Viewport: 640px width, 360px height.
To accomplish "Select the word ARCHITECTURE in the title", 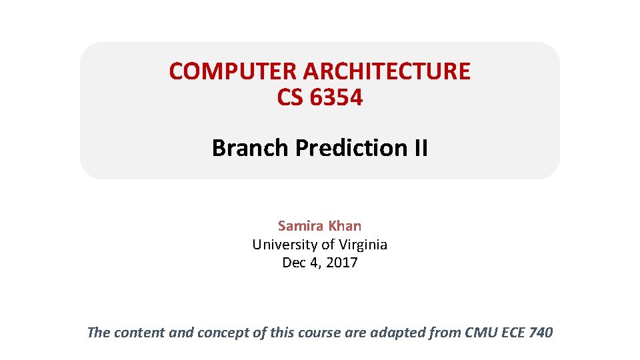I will (x=387, y=71).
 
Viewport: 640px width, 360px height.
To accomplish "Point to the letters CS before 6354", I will (x=289, y=98).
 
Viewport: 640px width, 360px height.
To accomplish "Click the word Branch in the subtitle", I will (x=250, y=147).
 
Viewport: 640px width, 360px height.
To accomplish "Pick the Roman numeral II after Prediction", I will (x=421, y=147).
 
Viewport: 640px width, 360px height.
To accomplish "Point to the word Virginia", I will (x=361, y=245).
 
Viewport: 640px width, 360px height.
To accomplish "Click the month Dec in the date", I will (x=294, y=263).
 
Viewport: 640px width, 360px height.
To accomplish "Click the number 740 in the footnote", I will (x=540, y=332).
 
